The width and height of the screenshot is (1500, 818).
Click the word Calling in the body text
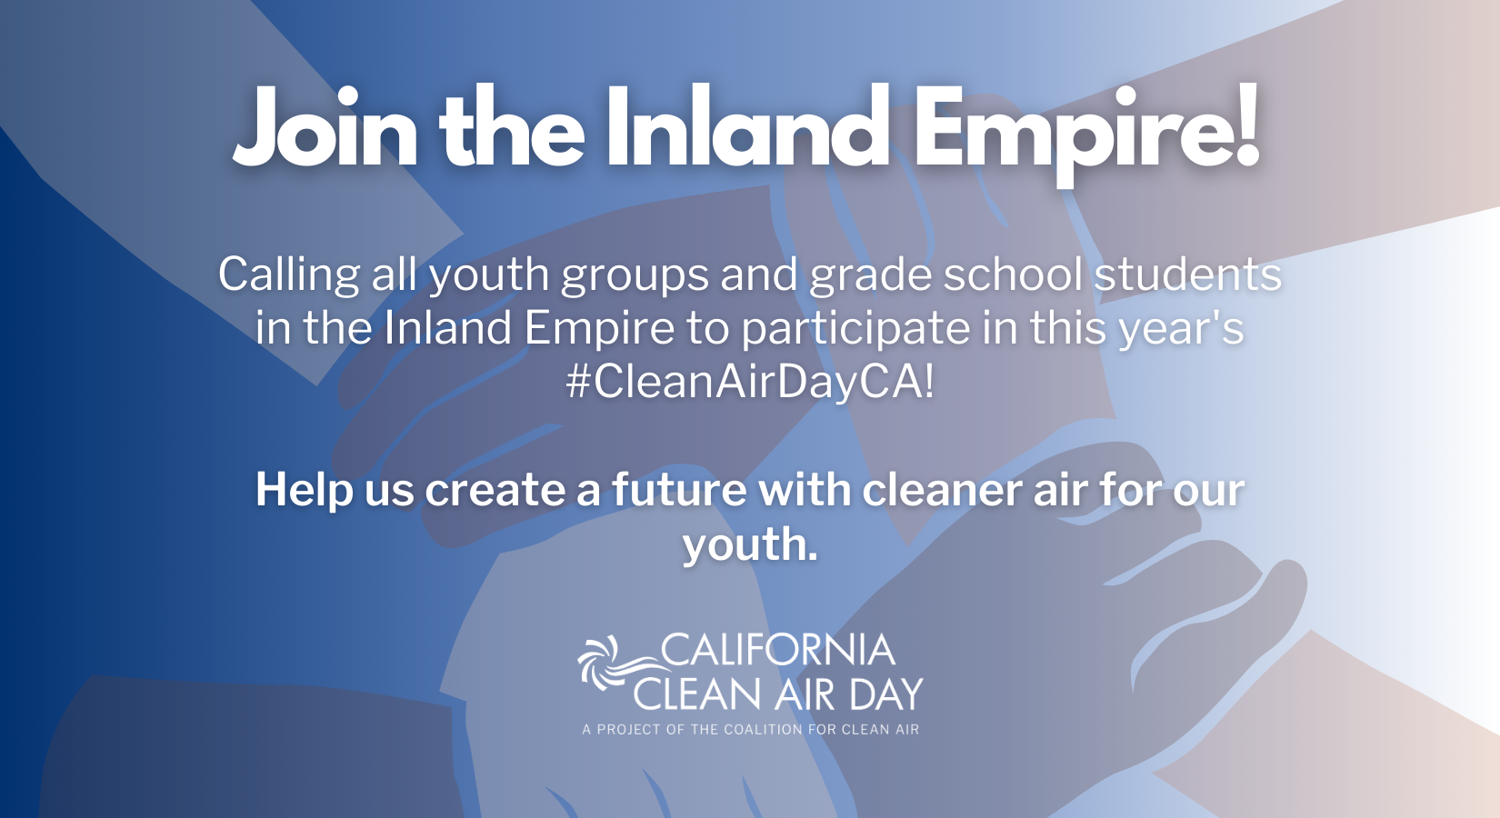coord(289,275)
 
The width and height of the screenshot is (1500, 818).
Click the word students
coord(1187,274)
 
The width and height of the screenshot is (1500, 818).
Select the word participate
coord(855,329)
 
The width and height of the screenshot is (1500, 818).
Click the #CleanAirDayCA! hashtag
coord(750,383)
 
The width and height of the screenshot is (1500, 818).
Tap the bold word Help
coord(304,491)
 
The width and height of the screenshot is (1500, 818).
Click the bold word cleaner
coord(942,490)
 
